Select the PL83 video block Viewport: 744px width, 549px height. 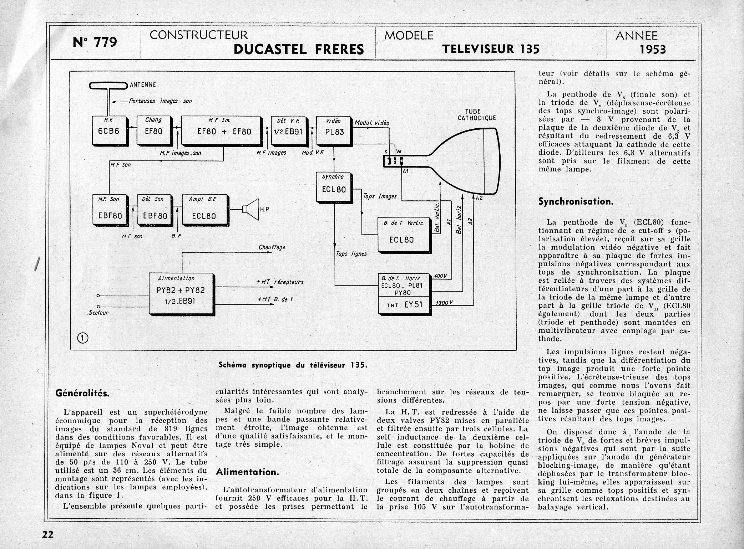[x=334, y=130]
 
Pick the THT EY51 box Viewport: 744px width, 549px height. [x=404, y=305]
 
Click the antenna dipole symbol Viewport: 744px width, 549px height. [x=108, y=86]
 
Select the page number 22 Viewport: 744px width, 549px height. [x=48, y=534]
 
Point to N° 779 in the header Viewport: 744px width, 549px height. [x=95, y=42]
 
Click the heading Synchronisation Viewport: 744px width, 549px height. [x=576, y=202]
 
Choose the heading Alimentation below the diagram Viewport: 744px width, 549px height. [x=247, y=472]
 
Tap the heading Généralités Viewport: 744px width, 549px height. [x=82, y=393]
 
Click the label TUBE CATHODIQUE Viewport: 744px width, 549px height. [x=476, y=114]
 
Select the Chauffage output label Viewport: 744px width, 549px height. [x=272, y=247]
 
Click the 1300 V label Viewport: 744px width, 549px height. [x=444, y=302]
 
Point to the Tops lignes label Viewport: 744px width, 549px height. [x=351, y=253]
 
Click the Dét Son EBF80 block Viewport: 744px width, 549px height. [x=155, y=211]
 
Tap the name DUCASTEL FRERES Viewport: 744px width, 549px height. [x=298, y=49]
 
